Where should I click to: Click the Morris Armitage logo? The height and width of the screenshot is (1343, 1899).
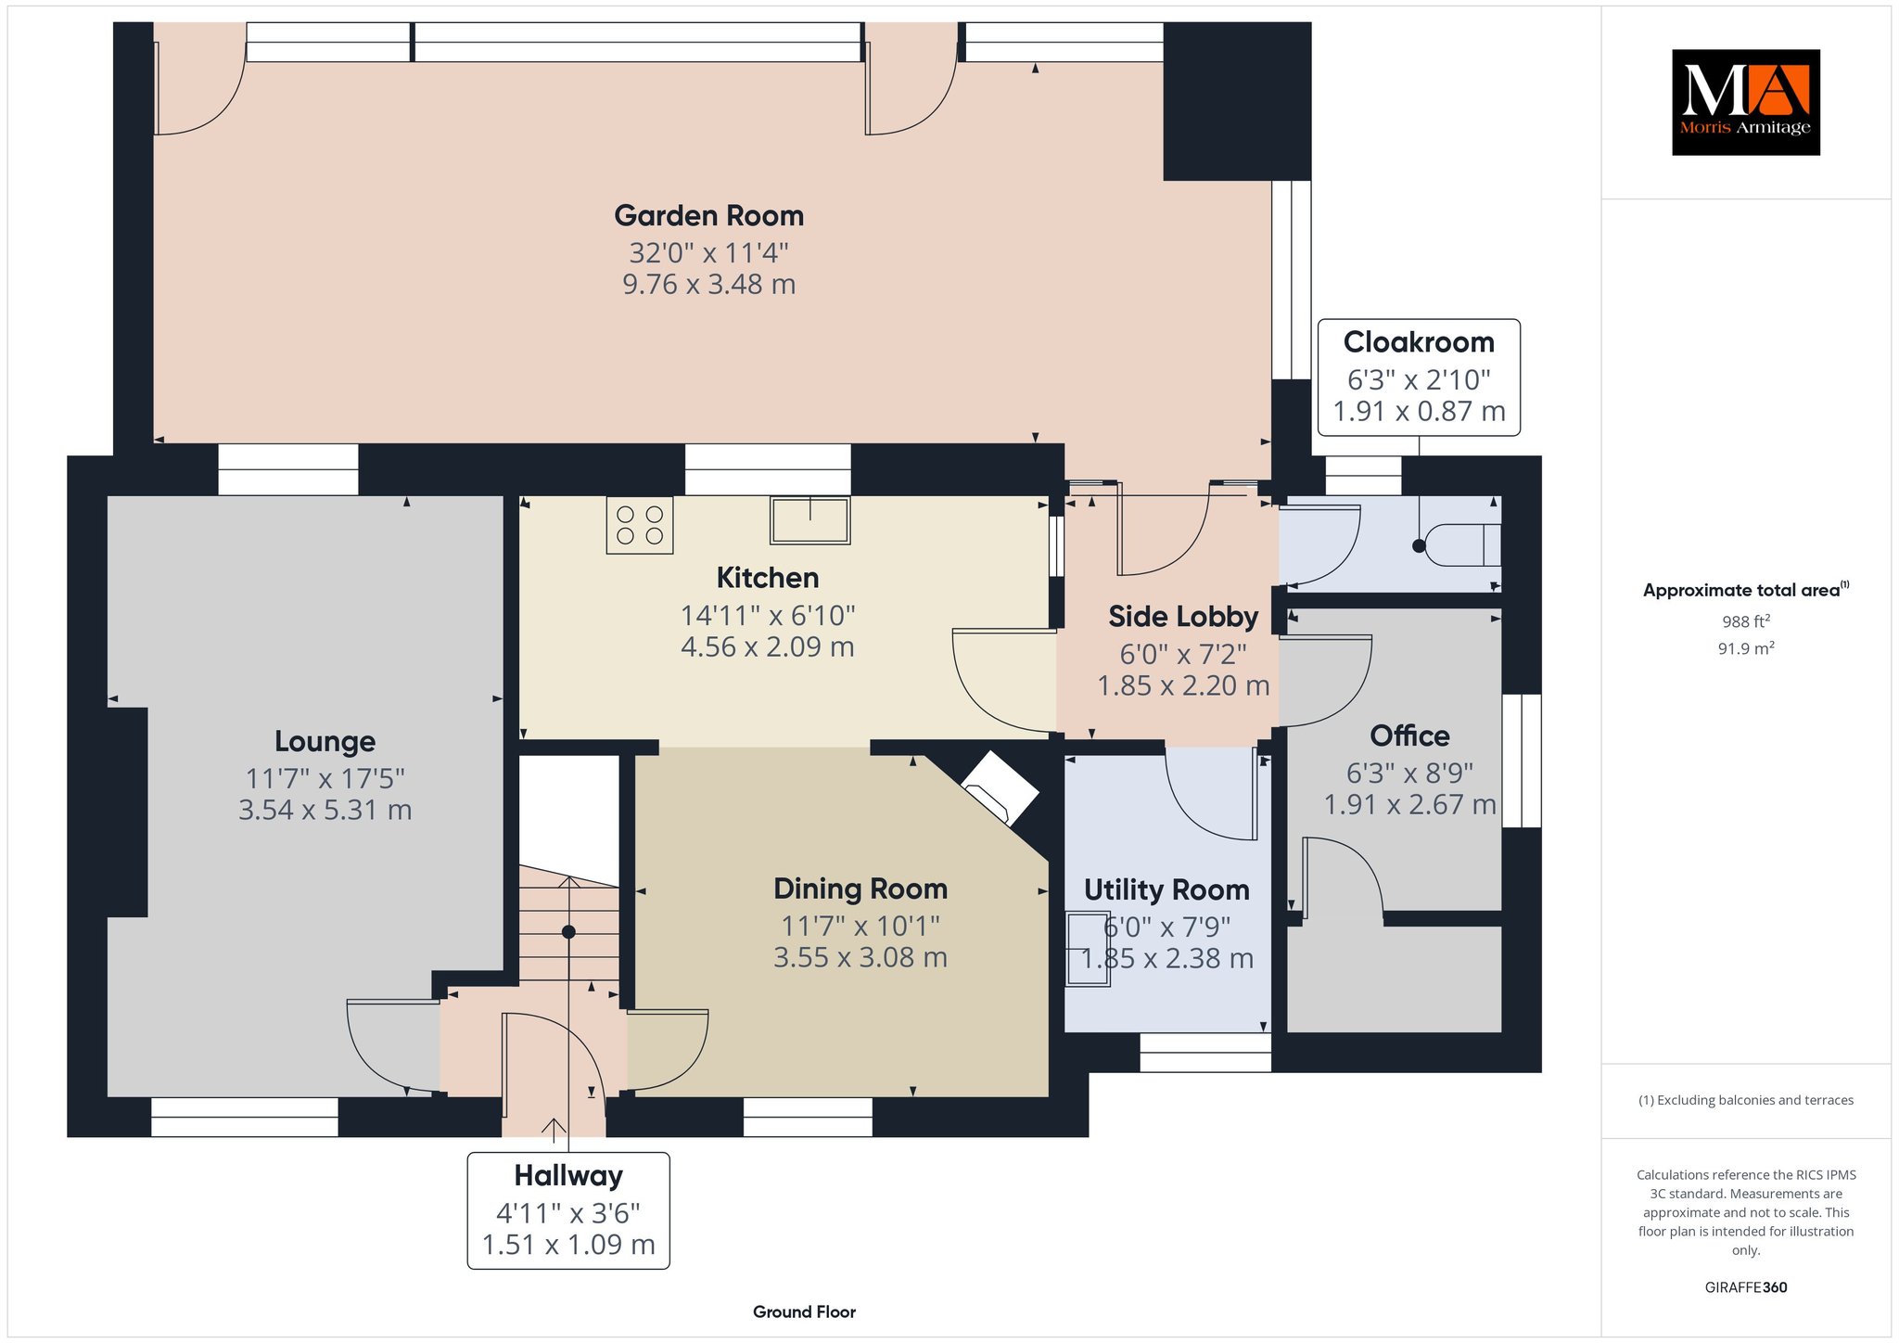(1745, 102)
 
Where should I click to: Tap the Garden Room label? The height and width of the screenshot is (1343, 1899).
(708, 216)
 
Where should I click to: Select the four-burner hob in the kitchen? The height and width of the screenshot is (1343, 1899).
(640, 525)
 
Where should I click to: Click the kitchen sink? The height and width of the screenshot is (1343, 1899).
(809, 520)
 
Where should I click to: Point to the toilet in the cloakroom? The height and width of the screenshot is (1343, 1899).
(1461, 545)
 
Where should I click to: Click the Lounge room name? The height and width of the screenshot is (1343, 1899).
(325, 741)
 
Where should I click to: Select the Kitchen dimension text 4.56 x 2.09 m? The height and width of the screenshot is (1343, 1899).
(768, 646)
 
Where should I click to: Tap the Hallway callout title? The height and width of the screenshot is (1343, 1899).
(568, 1176)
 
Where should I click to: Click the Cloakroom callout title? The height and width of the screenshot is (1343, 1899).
(1419, 342)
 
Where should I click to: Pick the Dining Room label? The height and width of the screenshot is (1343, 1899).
(860, 889)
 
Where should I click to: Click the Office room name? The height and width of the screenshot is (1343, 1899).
(1409, 735)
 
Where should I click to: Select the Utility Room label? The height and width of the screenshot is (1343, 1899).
(1166, 890)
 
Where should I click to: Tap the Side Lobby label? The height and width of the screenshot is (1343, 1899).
(1183, 617)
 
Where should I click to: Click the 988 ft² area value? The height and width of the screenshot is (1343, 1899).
(1746, 621)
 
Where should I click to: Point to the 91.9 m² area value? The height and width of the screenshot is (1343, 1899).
(1746, 648)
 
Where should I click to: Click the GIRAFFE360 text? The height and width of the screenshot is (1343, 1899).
(1746, 1287)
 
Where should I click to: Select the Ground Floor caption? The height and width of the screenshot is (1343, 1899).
(804, 1311)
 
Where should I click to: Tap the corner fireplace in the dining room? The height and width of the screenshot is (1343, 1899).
(1000, 787)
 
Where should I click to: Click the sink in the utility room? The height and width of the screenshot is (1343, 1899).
(1088, 950)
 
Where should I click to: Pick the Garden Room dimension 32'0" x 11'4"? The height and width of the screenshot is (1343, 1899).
(708, 252)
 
